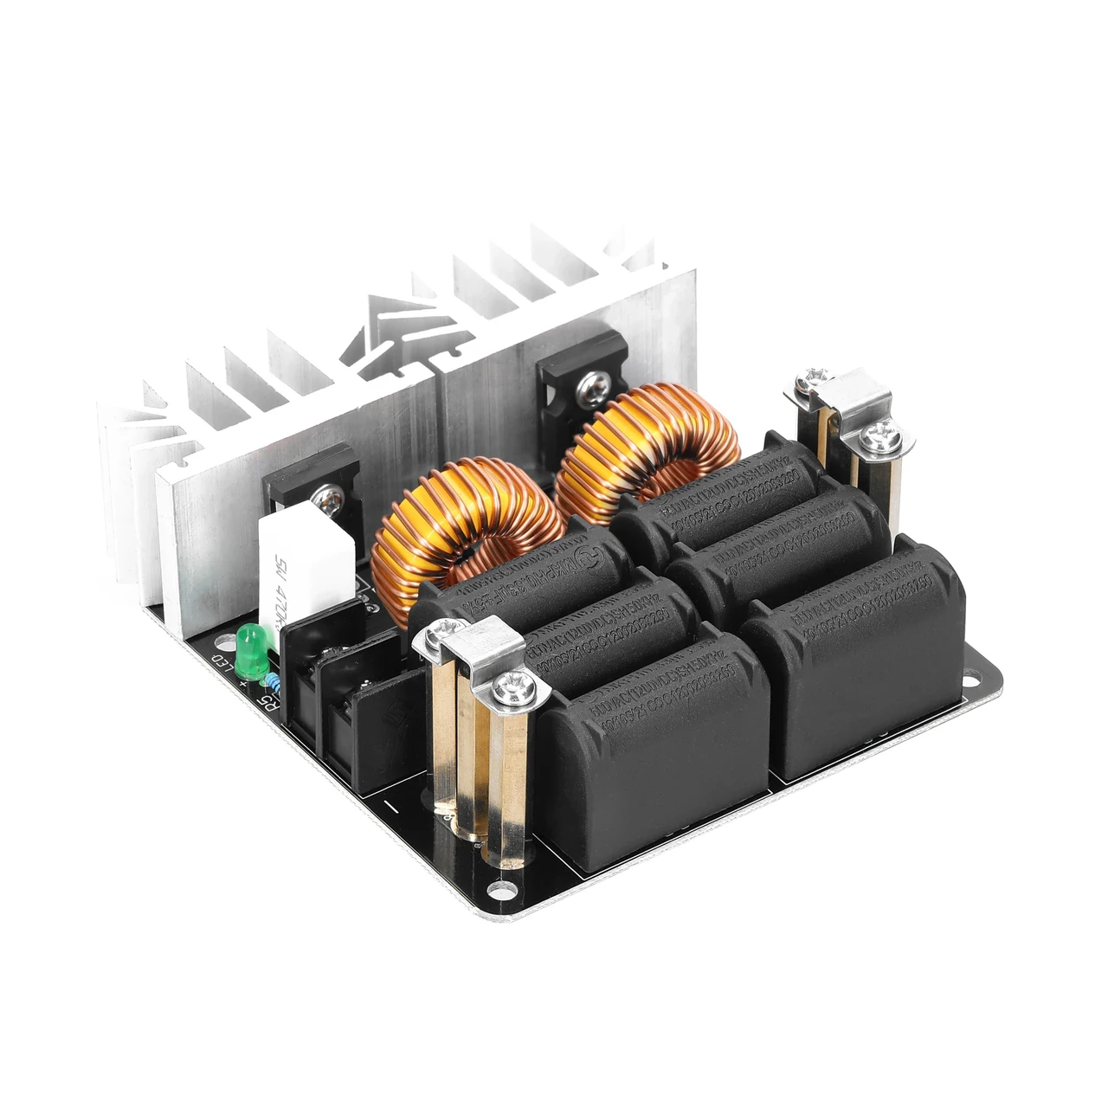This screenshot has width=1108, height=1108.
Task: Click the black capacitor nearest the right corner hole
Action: point(853,658)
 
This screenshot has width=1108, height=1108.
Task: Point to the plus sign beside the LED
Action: point(244,684)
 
